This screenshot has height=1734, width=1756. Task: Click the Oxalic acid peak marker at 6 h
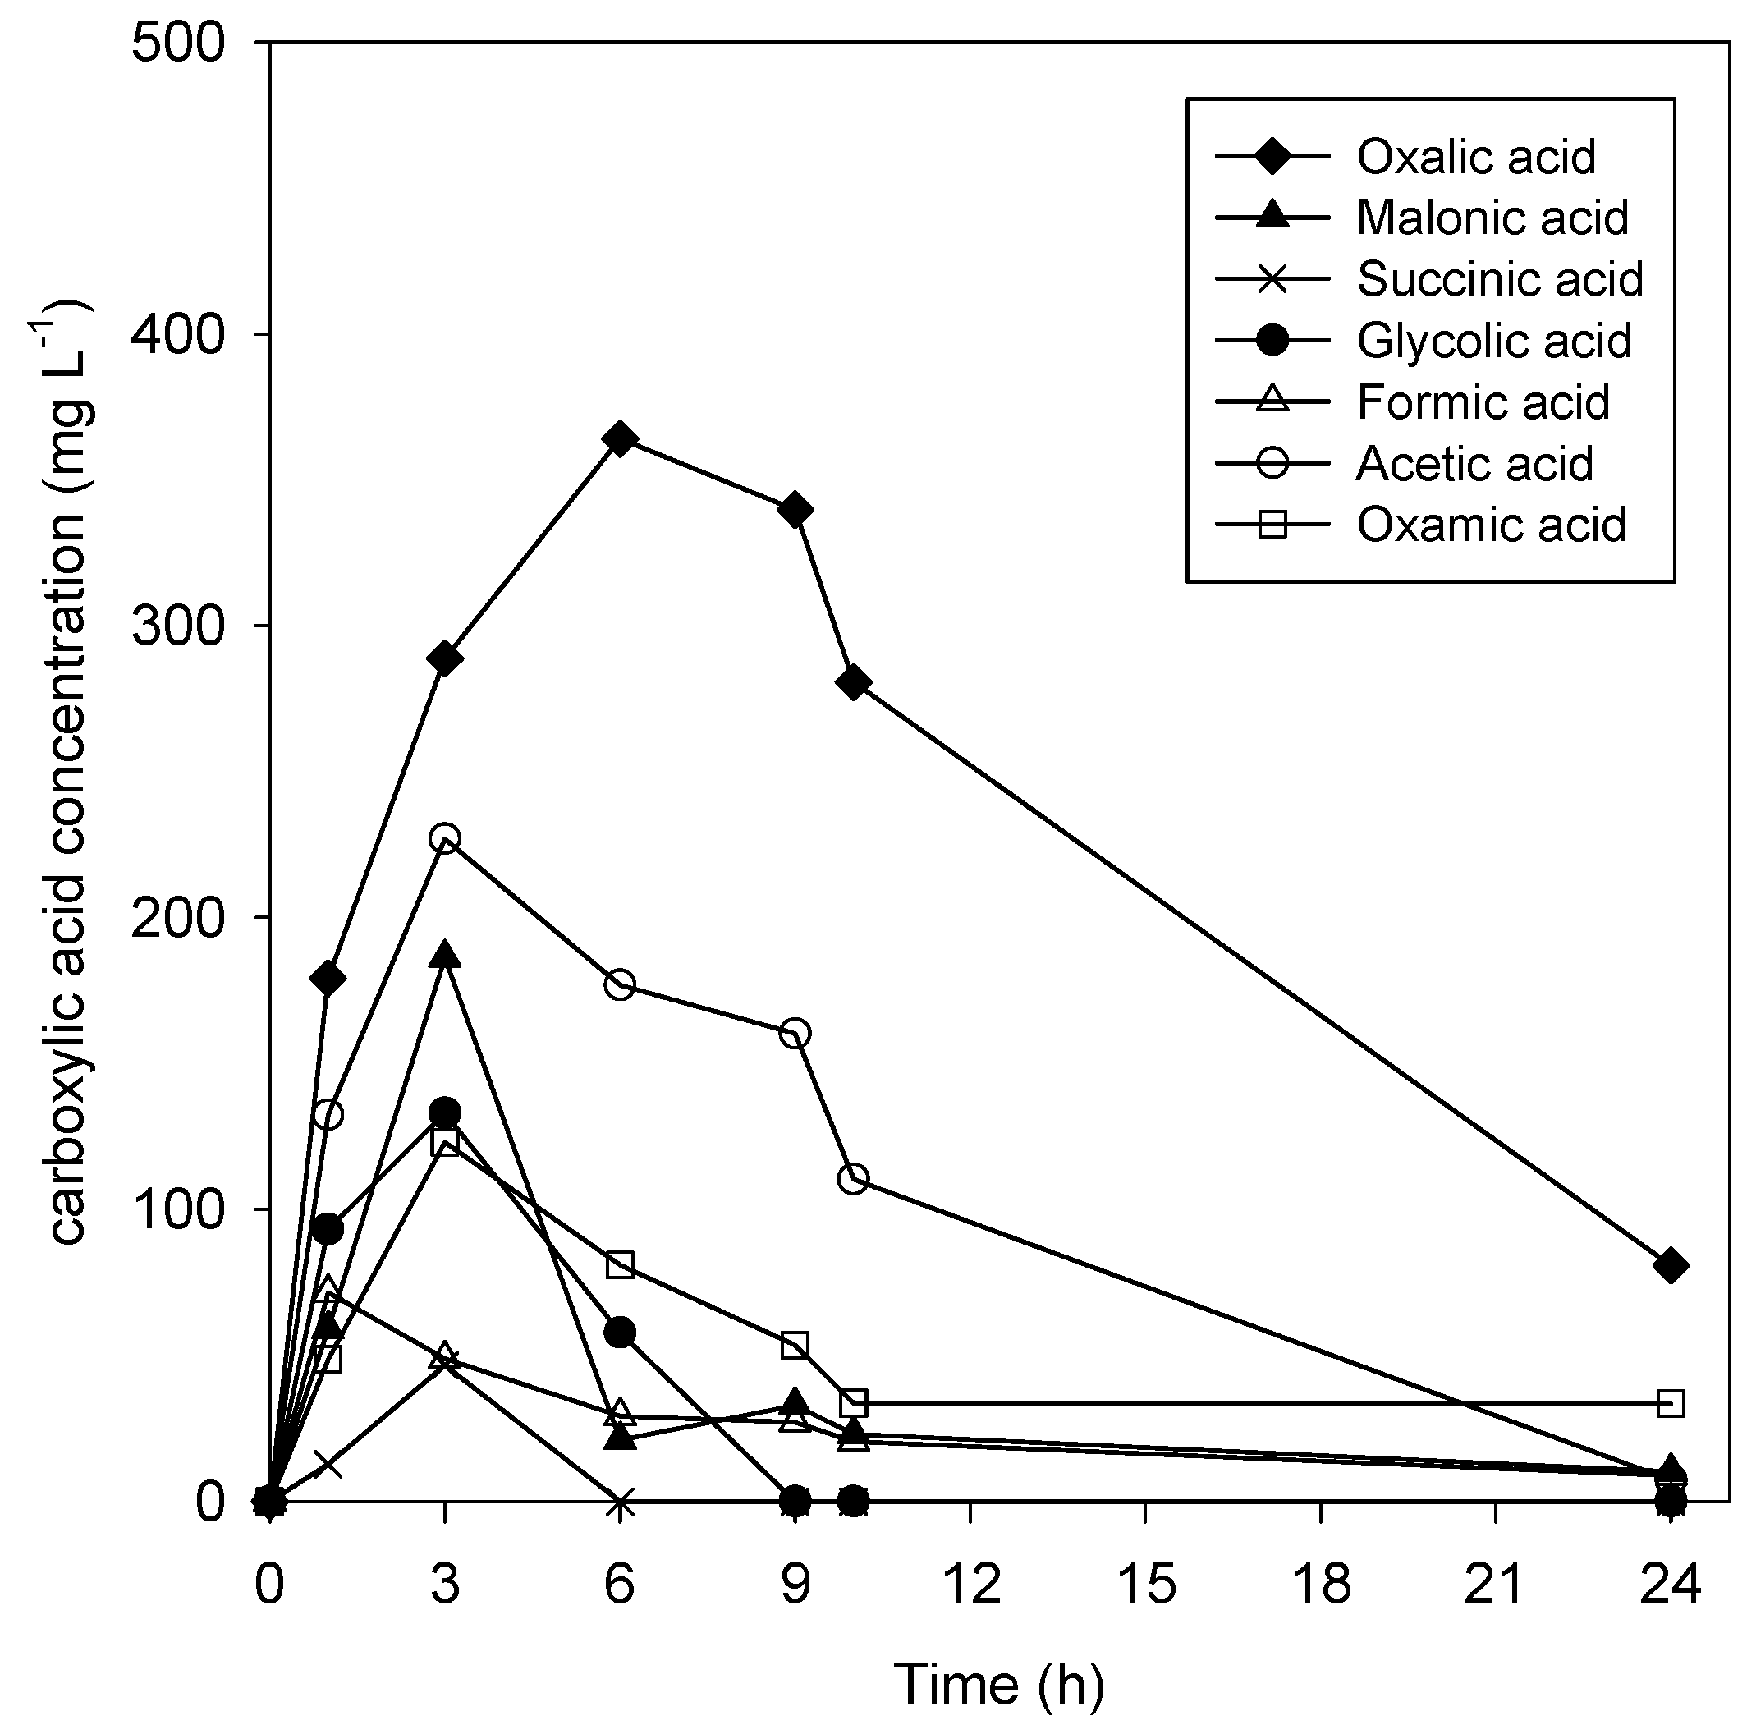(x=620, y=440)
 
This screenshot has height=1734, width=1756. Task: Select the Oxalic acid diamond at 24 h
(x=1671, y=1266)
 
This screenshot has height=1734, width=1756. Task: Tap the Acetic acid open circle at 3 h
(x=444, y=838)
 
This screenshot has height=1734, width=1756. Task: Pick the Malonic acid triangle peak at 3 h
(x=444, y=956)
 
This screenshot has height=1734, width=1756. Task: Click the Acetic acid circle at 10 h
(x=852, y=1180)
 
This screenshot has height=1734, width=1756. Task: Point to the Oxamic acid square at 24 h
(x=1671, y=1404)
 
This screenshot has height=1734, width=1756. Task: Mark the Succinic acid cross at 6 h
(x=620, y=1504)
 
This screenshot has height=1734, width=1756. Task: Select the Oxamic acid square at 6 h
(x=620, y=1265)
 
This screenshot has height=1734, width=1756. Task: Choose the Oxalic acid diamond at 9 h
(x=795, y=510)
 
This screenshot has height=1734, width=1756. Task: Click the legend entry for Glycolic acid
(x=1493, y=342)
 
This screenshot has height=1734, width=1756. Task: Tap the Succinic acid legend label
(x=1500, y=279)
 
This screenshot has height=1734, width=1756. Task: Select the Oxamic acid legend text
(x=1491, y=525)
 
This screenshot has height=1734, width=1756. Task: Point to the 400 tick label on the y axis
(x=177, y=334)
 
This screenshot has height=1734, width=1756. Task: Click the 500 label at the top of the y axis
(x=177, y=44)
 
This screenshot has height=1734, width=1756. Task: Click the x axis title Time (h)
(x=999, y=1683)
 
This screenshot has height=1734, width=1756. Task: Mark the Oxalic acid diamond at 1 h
(x=328, y=979)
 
